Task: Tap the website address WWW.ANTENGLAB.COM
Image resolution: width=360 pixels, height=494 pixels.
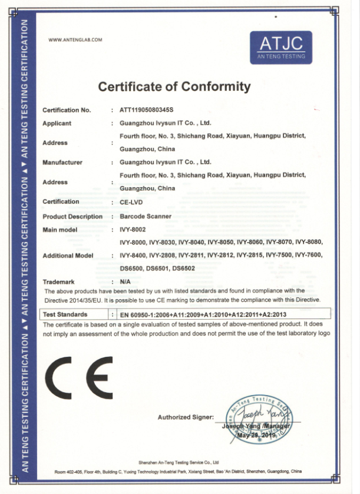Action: pyautogui.click(x=75, y=39)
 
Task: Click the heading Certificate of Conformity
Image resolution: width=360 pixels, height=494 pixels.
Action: pyautogui.click(x=174, y=87)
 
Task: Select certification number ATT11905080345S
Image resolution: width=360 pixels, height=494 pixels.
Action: pyautogui.click(x=147, y=110)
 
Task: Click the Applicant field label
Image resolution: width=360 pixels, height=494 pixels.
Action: pyautogui.click(x=57, y=124)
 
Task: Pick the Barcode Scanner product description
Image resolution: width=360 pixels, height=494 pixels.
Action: pyautogui.click(x=146, y=217)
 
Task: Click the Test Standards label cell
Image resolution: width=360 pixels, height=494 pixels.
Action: pyautogui.click(x=67, y=314)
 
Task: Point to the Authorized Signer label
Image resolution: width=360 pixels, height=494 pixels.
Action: pyautogui.click(x=186, y=417)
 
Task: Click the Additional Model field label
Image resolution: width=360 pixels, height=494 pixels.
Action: pyautogui.click(x=68, y=256)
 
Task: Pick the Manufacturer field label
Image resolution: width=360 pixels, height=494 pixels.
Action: pyautogui.click(x=62, y=162)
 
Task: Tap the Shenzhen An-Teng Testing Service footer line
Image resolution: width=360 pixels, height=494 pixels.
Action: pyautogui.click(x=179, y=463)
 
